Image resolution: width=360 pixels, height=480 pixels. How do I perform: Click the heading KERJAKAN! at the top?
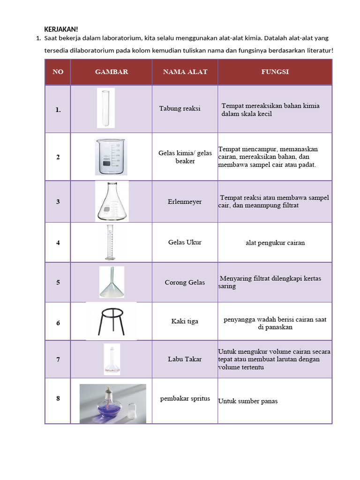coord(61,30)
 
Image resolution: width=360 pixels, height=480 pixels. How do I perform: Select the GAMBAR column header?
coord(112,72)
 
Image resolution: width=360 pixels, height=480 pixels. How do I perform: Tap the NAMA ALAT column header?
coord(185,72)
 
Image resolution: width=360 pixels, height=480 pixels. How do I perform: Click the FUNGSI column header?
coord(275,72)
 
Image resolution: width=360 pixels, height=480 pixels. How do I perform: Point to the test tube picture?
coord(105,108)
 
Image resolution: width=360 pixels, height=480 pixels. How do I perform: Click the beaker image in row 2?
coord(111,157)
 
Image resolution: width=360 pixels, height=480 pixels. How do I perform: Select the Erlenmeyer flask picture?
coord(112,201)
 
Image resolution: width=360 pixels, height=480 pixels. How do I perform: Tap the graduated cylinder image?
coord(109,242)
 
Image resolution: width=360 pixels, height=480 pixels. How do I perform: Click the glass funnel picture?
coord(112,282)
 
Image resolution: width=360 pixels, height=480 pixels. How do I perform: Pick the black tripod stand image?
coord(112,321)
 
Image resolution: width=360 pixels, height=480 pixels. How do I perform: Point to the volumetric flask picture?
coord(112,359)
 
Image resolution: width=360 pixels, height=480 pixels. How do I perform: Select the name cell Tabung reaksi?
coord(180,108)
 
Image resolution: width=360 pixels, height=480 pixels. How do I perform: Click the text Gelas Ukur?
coord(185,242)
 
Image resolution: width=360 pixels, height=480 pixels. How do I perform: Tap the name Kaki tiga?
coord(185,321)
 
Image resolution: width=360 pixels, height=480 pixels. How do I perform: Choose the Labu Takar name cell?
coord(185,359)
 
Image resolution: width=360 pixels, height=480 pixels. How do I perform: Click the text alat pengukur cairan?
coord(275,243)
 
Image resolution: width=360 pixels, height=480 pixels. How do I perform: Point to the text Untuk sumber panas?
coord(248,401)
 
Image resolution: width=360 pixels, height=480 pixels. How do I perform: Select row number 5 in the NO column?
coord(58,282)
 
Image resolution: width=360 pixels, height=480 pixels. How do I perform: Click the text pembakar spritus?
coord(185,398)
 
